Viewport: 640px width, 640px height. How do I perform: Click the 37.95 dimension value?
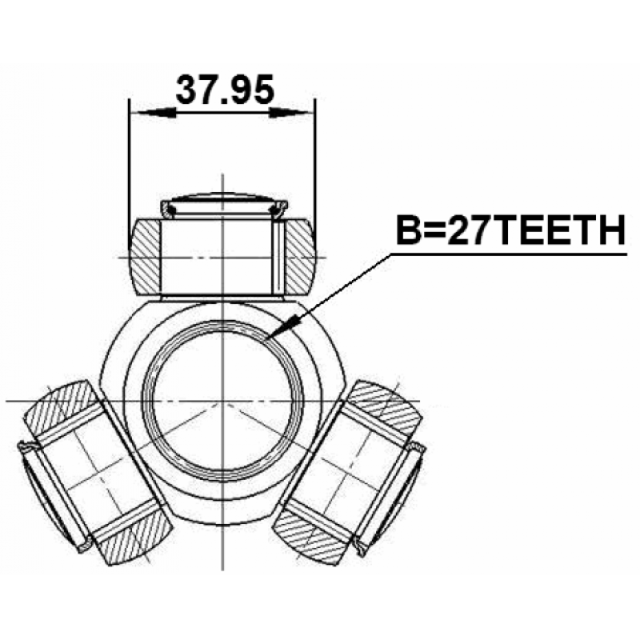[225, 90]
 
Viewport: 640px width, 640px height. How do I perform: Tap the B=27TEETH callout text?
[511, 230]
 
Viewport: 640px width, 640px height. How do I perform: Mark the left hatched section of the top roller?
[145, 257]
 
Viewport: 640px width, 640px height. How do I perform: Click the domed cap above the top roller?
[224, 205]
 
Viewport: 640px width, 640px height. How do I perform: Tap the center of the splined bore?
[222, 402]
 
